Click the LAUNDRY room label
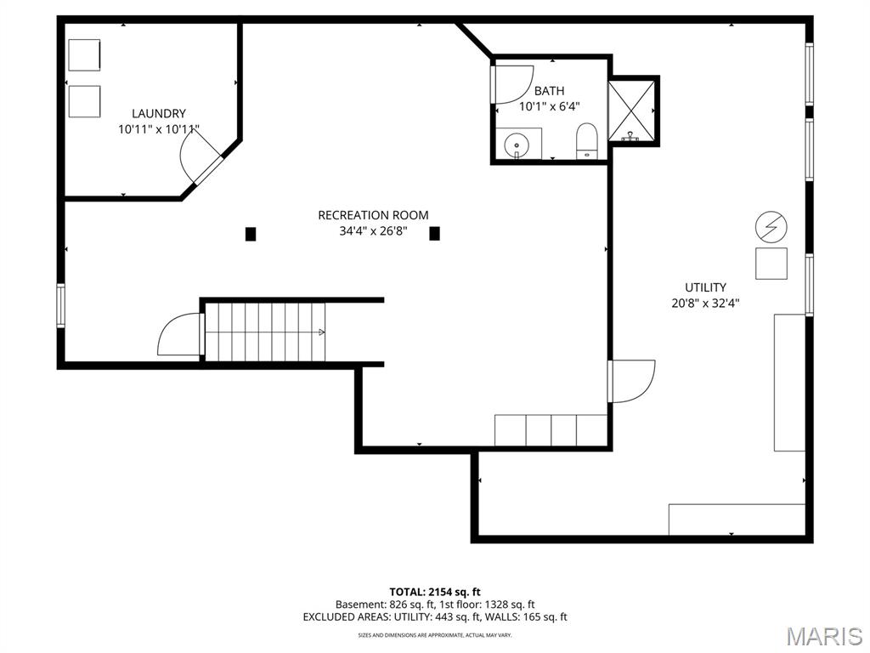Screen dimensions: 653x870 (x=158, y=113)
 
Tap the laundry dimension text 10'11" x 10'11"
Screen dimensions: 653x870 (x=158, y=130)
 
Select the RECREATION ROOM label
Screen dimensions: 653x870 (x=373, y=215)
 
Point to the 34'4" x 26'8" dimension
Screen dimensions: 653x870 (x=373, y=231)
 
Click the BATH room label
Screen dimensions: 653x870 (x=549, y=91)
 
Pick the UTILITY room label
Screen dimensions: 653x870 (x=705, y=287)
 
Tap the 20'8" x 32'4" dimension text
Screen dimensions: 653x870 (x=705, y=304)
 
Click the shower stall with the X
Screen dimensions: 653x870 (x=633, y=111)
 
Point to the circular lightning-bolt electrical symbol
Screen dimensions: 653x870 (x=771, y=227)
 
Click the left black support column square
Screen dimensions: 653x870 (x=251, y=234)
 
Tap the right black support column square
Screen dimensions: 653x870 (x=434, y=234)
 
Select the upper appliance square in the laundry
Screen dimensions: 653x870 (x=84, y=56)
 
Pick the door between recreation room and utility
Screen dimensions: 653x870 (x=630, y=381)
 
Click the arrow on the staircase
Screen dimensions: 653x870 (x=321, y=332)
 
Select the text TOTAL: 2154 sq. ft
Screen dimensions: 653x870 (x=434, y=592)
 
